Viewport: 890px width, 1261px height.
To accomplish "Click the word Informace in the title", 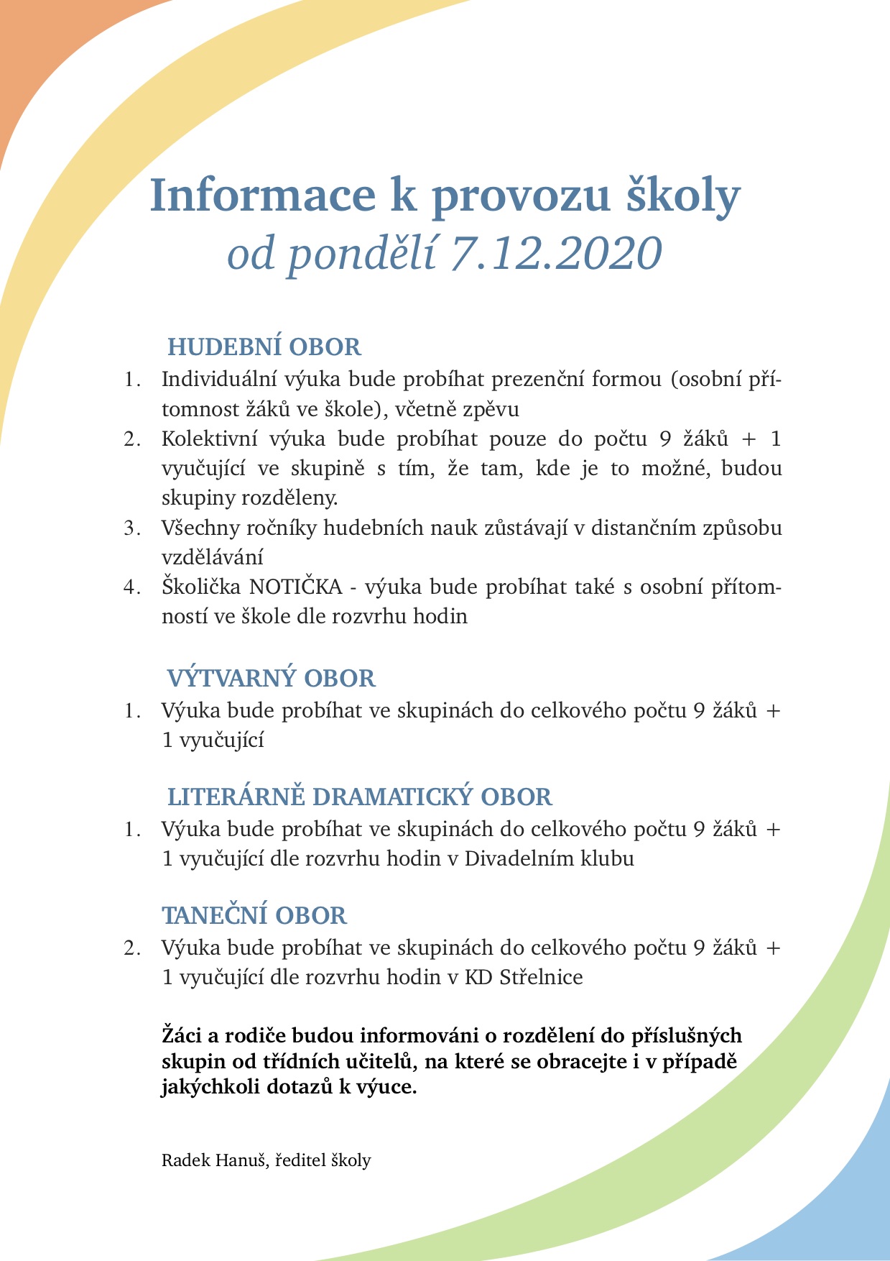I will pyautogui.click(x=263, y=196).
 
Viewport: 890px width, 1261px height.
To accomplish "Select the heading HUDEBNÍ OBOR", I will pyautogui.click(x=264, y=347).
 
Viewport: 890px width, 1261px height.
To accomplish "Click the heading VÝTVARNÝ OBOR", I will pyautogui.click(x=272, y=679).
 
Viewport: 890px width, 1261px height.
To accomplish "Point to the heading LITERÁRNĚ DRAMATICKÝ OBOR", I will pyautogui.click(x=360, y=797).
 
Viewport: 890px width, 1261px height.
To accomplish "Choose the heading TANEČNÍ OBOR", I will pyautogui.click(x=254, y=916).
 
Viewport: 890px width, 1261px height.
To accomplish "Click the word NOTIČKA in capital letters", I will pyautogui.click(x=296, y=587).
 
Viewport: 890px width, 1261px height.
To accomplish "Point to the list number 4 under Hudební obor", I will pyautogui.click(x=131, y=587).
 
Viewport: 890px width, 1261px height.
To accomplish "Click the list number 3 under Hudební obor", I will pyautogui.click(x=131, y=528).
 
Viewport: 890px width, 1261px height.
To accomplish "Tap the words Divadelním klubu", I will pyautogui.click(x=549, y=858).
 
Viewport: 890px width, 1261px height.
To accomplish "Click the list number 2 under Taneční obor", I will pyautogui.click(x=131, y=948).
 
